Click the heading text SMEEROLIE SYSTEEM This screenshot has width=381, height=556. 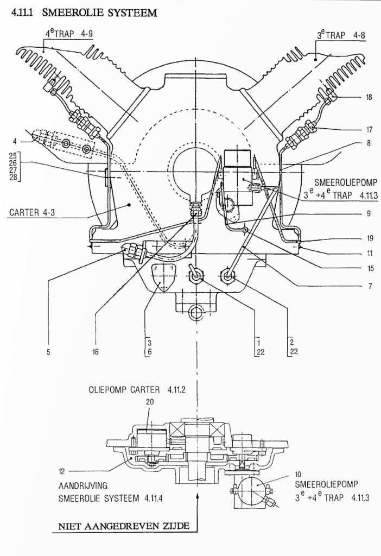click(x=99, y=13)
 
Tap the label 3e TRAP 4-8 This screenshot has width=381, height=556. click(x=341, y=35)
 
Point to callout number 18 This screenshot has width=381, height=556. click(x=369, y=97)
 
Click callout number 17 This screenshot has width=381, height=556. click(x=369, y=129)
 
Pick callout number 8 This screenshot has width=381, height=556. click(x=369, y=143)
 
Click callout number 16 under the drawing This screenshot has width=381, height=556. click(x=96, y=352)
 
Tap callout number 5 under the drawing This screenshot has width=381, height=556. click(x=48, y=352)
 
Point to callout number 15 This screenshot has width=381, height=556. click(x=370, y=268)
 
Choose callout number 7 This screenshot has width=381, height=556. click(x=370, y=286)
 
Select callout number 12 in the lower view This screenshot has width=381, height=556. click(x=62, y=471)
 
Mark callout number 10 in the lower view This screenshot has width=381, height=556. click(x=298, y=474)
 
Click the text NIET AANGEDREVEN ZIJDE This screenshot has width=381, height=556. click(x=124, y=526)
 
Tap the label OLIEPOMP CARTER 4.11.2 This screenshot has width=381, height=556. click(x=137, y=389)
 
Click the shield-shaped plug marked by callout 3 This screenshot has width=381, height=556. click(x=162, y=276)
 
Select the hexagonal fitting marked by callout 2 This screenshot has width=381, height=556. click(x=228, y=275)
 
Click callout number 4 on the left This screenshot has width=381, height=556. click(x=15, y=142)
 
